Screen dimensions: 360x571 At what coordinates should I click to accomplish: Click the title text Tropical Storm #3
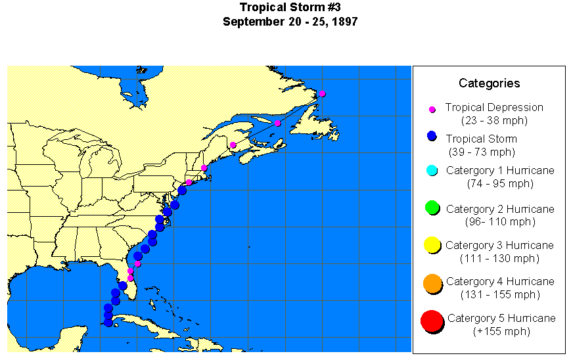(290, 8)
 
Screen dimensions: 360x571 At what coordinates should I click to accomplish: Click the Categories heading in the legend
(489, 83)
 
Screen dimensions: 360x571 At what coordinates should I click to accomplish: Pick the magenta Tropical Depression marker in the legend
(432, 109)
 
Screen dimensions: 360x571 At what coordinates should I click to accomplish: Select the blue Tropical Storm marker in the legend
(431, 136)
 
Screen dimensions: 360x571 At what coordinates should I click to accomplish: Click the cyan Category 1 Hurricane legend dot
(432, 171)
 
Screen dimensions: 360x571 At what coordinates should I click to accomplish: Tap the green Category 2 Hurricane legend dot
(432, 208)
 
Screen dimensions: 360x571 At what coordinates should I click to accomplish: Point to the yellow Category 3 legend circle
(432, 246)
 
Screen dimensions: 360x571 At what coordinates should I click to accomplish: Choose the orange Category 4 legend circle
(432, 283)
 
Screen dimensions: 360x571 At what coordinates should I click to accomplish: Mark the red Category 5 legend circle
(432, 321)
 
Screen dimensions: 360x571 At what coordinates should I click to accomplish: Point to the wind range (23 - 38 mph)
(494, 120)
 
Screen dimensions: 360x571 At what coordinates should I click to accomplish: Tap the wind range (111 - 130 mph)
(499, 258)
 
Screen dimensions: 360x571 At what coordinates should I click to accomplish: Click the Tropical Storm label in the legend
(481, 139)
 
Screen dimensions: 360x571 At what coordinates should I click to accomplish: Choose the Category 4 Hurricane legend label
(500, 281)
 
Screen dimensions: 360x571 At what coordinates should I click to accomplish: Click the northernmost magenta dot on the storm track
(322, 93)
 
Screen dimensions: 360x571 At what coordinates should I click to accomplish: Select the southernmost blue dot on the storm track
(108, 322)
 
